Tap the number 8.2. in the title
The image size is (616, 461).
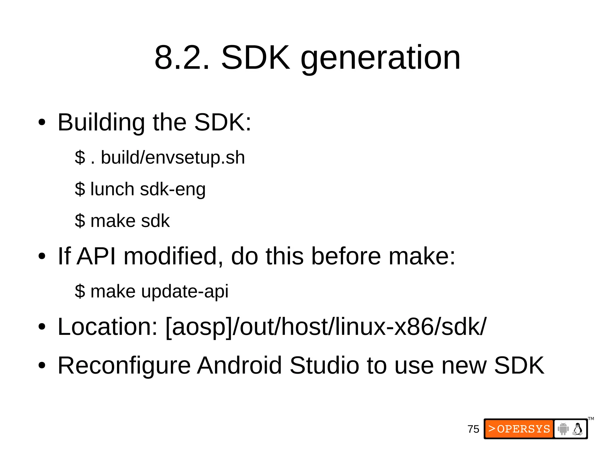coord(182,58)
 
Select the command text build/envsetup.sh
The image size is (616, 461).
coord(173,157)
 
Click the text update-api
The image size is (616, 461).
coord(185,292)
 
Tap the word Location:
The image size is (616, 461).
coord(108,327)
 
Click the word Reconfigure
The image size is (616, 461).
coord(124,365)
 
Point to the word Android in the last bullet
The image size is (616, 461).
coord(239,365)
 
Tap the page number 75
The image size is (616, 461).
coord(473,429)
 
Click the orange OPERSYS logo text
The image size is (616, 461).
coord(519,429)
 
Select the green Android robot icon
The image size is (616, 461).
coord(563,429)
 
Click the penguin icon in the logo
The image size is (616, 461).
coord(577,429)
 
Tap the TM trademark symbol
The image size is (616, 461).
coord(591,419)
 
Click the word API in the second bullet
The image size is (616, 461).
coord(96,256)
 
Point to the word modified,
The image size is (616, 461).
coord(173,256)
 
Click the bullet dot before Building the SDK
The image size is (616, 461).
coord(42,123)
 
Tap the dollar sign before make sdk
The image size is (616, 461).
coord(80,221)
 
